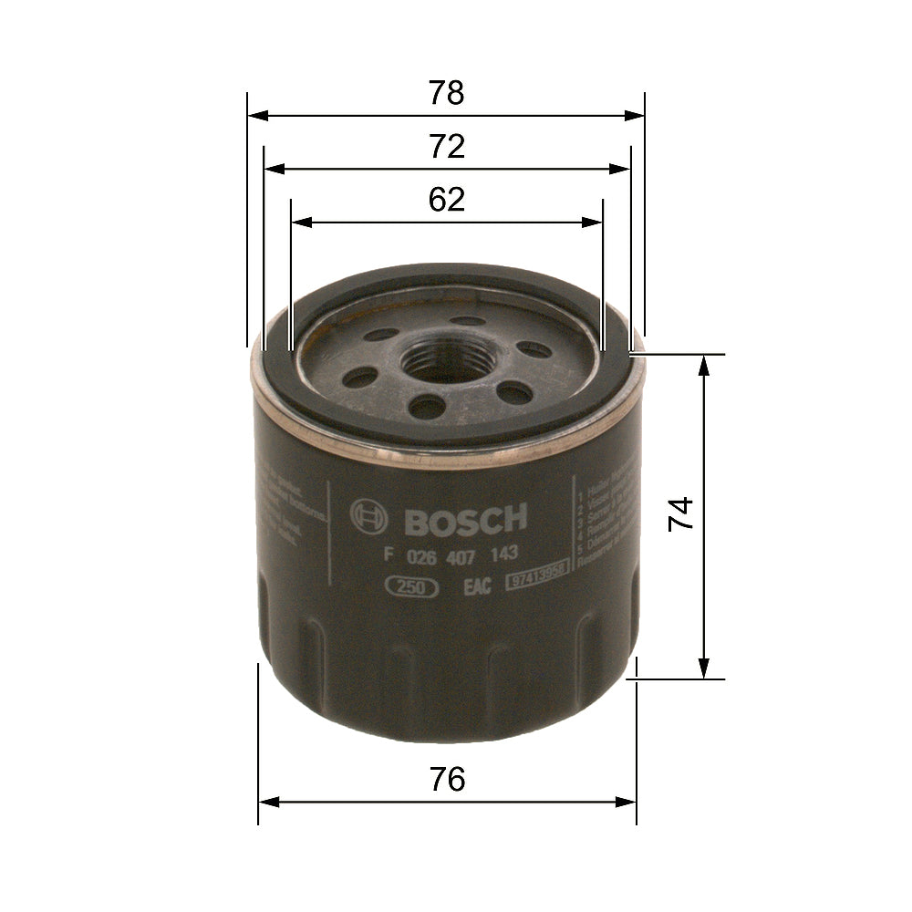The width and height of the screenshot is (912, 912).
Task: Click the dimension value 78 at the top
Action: [x=446, y=93]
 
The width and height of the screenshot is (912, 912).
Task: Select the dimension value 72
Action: [x=447, y=147]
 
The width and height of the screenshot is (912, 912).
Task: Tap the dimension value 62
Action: [x=447, y=200]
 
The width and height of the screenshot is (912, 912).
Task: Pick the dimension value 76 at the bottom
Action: [x=447, y=780]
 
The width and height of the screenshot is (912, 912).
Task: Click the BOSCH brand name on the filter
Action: [x=465, y=521]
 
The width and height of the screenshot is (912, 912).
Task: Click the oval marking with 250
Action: [x=413, y=588]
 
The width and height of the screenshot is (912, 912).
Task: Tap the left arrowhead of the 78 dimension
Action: [x=255, y=116]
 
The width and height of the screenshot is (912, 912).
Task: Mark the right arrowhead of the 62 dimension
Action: [x=595, y=222]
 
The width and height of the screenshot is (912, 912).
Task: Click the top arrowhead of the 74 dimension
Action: [x=704, y=362]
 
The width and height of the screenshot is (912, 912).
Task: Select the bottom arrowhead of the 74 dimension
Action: [x=704, y=670]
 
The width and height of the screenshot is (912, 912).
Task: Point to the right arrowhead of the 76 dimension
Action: [x=627, y=802]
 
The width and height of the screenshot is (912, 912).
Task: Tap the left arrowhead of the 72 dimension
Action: [x=272, y=169]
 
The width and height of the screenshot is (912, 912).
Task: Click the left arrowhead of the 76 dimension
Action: [x=267, y=802]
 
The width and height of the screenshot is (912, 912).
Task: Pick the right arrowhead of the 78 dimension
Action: [x=636, y=116]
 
